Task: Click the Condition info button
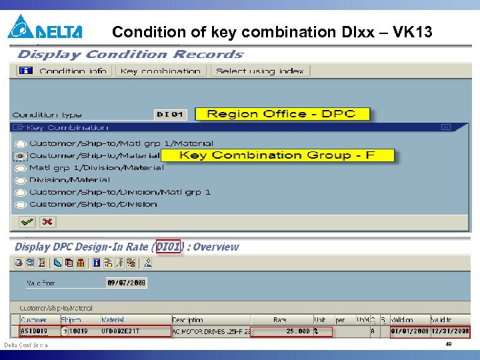point(63,71)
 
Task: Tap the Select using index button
point(259,71)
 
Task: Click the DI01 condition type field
point(170,115)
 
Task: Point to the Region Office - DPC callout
point(281,114)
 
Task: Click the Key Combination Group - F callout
point(277,155)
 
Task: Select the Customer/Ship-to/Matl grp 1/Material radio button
point(21,144)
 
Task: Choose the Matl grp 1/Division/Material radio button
point(21,169)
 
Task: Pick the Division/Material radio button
point(21,181)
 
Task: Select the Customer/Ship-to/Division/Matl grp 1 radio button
point(21,193)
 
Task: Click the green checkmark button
point(27,221)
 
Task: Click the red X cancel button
point(47,221)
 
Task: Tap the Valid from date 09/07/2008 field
point(126,283)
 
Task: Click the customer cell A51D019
point(35,331)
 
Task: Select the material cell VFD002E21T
point(121,331)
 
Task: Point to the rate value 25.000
point(298,331)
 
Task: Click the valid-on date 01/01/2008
point(409,331)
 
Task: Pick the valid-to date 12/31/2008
point(450,331)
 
